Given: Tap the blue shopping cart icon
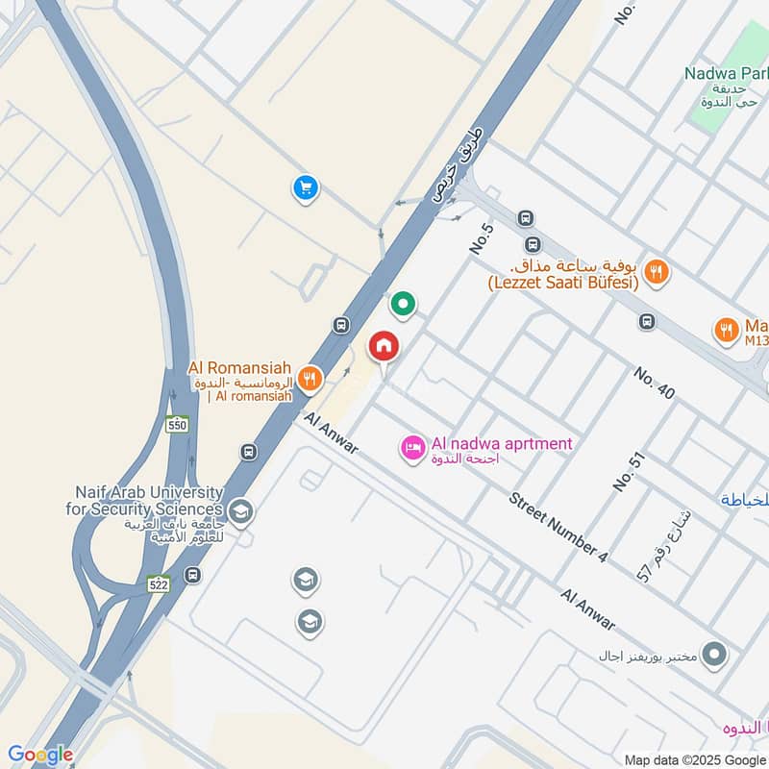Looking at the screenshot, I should pos(306,188).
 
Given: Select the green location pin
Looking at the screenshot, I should pos(403,305).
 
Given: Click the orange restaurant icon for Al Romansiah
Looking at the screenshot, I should pos(309,379).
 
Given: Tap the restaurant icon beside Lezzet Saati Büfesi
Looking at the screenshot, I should pos(657,271).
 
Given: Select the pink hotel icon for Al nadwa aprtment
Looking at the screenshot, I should pos(413,449).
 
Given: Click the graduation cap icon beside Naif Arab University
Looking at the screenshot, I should pos(241,511).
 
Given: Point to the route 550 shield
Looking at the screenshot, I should pos(176,424).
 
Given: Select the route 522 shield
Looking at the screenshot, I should pos(159,584).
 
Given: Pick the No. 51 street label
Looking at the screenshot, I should pos(627,472).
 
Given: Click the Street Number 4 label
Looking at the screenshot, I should pos(559,528).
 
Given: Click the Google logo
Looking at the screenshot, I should pos(40,755).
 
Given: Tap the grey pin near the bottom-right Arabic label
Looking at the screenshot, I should pos(713,656).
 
